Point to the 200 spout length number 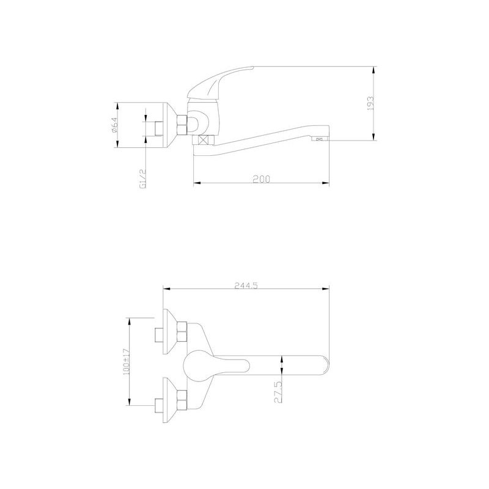[x=261, y=178]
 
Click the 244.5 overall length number [x=245, y=284]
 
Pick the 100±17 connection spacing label [x=127, y=361]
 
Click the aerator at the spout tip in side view [x=320, y=139]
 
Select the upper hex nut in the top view [x=182, y=334]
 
